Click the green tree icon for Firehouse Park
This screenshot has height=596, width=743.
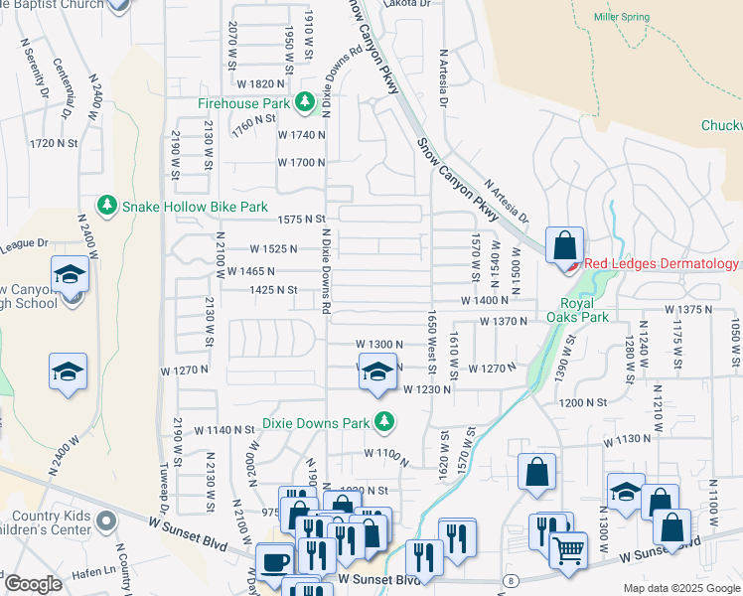click(x=307, y=103)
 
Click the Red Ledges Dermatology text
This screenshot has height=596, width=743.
click(x=661, y=263)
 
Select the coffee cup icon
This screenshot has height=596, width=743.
click(x=275, y=560)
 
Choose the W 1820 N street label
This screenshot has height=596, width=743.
click(x=261, y=84)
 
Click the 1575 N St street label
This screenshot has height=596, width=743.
click(x=303, y=219)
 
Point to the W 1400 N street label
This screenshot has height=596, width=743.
click(x=484, y=300)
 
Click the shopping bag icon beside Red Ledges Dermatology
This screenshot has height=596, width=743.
click(x=564, y=244)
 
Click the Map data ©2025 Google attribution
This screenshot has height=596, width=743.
click(x=681, y=587)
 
